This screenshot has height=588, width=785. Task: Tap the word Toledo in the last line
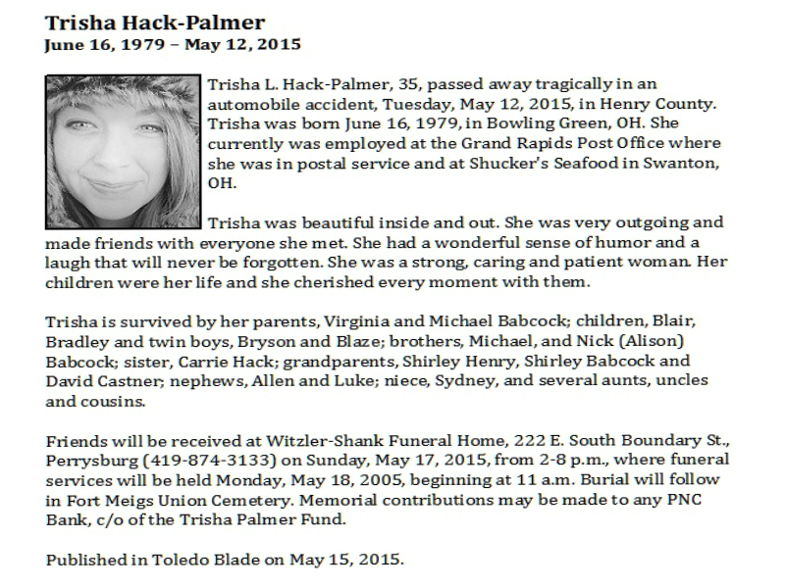181,560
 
